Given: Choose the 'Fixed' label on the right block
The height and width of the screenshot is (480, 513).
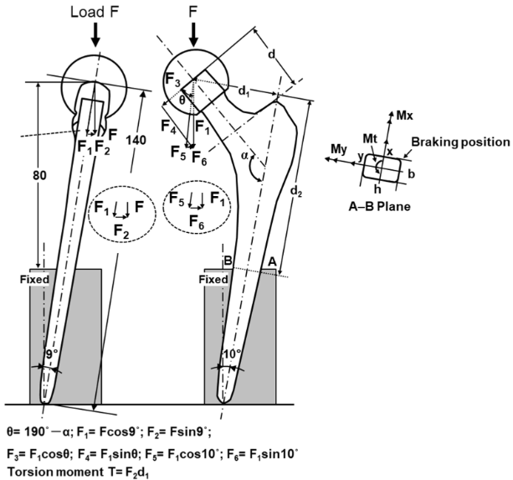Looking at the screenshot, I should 216,279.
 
